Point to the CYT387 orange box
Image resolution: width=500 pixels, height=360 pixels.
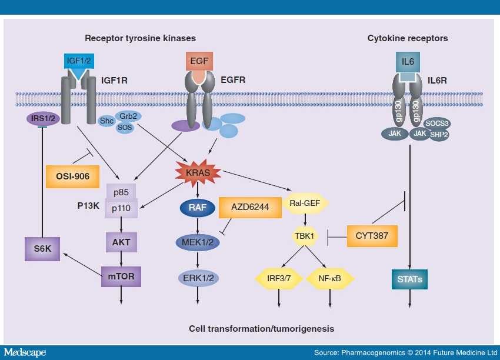click(372, 236)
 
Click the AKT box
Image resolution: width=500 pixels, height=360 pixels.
click(121, 241)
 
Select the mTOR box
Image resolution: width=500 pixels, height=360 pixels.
click(121, 275)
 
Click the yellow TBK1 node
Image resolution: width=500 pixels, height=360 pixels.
click(305, 236)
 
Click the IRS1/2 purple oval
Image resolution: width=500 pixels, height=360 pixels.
click(44, 119)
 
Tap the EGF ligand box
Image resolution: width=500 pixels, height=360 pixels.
click(198, 61)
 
